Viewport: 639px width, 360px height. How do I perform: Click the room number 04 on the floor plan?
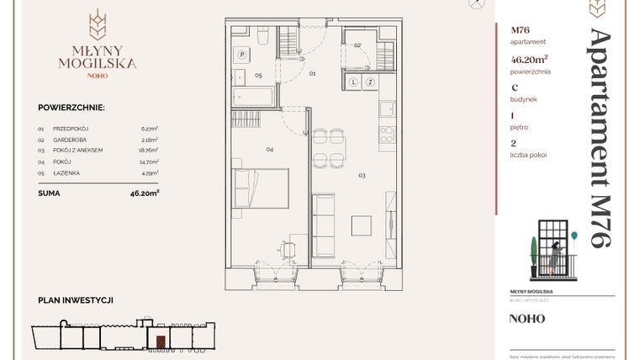click(270, 150)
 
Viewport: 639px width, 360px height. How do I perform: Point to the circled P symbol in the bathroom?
click(242, 54)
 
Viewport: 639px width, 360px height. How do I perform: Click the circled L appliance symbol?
click(355, 82)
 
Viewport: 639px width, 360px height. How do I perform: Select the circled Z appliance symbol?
click(368, 82)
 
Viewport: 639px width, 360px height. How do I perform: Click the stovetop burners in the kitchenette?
click(388, 134)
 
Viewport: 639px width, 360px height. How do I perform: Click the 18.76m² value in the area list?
click(150, 150)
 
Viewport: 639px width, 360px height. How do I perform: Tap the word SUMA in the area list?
click(49, 192)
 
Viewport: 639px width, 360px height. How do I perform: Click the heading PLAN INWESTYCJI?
click(76, 299)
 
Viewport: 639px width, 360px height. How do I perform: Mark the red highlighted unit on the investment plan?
click(157, 341)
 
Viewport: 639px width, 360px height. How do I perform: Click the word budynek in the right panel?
click(522, 98)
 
